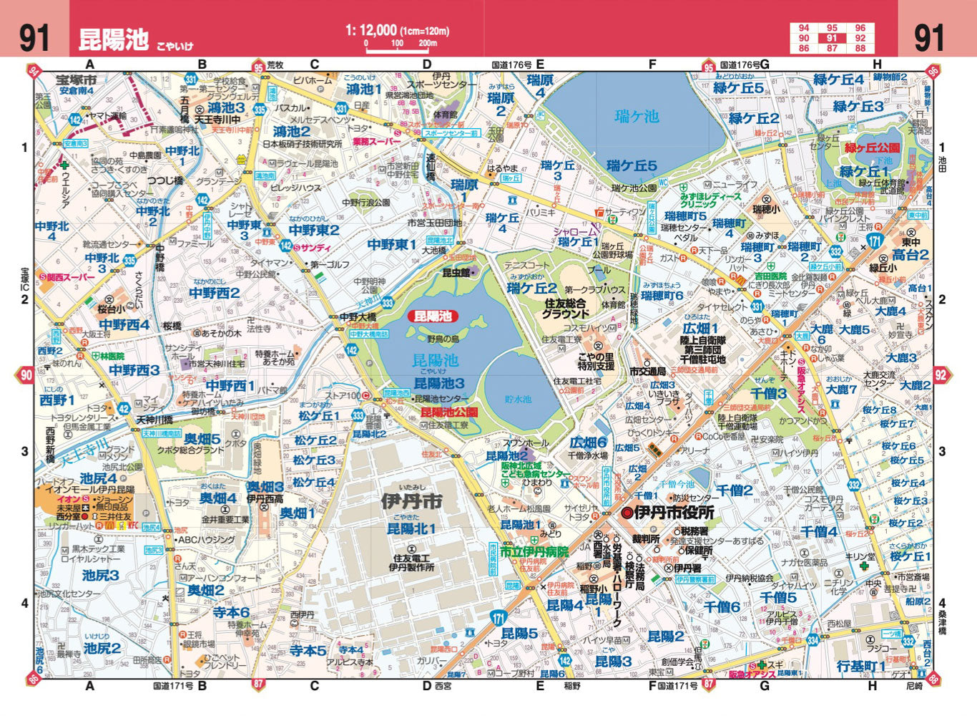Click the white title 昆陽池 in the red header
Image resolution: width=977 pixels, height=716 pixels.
coord(113,39)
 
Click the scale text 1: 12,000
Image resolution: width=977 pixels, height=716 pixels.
coord(370,30)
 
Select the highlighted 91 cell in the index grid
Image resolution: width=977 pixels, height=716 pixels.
coord(832,39)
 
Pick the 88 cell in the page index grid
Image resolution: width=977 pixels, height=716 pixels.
coord(860,49)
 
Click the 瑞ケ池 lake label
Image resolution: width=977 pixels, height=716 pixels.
coord(637,116)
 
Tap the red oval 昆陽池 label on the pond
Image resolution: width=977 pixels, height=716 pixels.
coord(433,316)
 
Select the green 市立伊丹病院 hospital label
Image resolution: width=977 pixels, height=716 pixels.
coord(534,552)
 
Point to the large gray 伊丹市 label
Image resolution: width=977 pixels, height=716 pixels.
coord(411,501)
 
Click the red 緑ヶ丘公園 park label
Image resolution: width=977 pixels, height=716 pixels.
coord(872,148)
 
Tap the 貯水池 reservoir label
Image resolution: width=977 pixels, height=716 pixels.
coord(518,400)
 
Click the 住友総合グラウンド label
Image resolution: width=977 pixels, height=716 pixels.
coord(565,309)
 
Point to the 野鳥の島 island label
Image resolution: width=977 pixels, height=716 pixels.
coord(443,338)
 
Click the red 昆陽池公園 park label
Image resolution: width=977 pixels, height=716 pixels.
coord(449,412)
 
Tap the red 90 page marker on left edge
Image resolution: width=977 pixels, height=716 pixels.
coord(26,374)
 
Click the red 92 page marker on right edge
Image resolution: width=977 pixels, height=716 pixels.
coord(941,374)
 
